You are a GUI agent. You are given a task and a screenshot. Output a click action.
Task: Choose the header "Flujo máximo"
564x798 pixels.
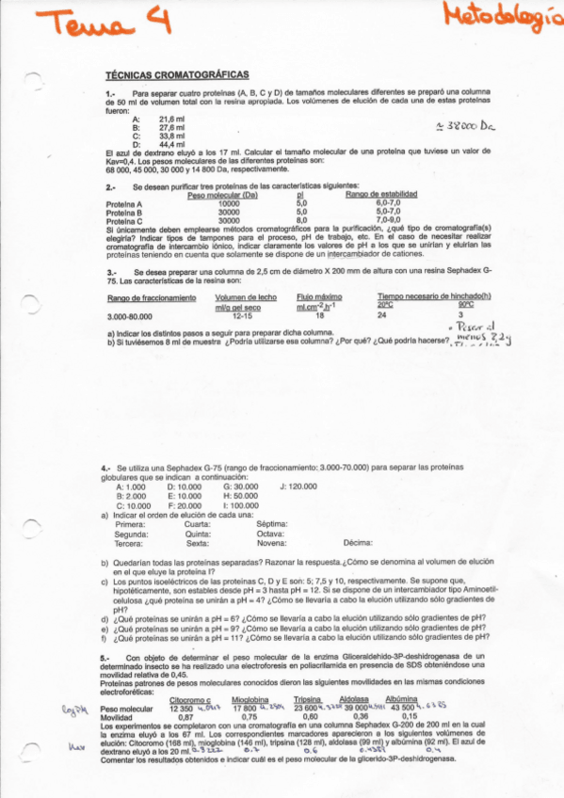(x=317, y=297)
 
